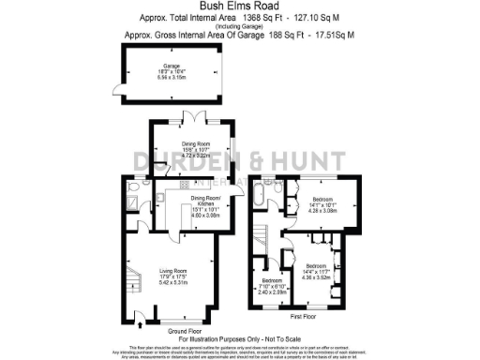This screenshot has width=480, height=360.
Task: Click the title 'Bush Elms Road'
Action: point(239,7)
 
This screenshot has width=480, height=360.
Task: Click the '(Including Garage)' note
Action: point(240,26)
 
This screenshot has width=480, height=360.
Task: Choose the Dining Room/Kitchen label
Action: point(203,199)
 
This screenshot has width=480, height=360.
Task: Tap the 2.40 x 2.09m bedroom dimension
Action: point(272,292)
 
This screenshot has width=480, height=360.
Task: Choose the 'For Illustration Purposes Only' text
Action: point(240,338)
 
